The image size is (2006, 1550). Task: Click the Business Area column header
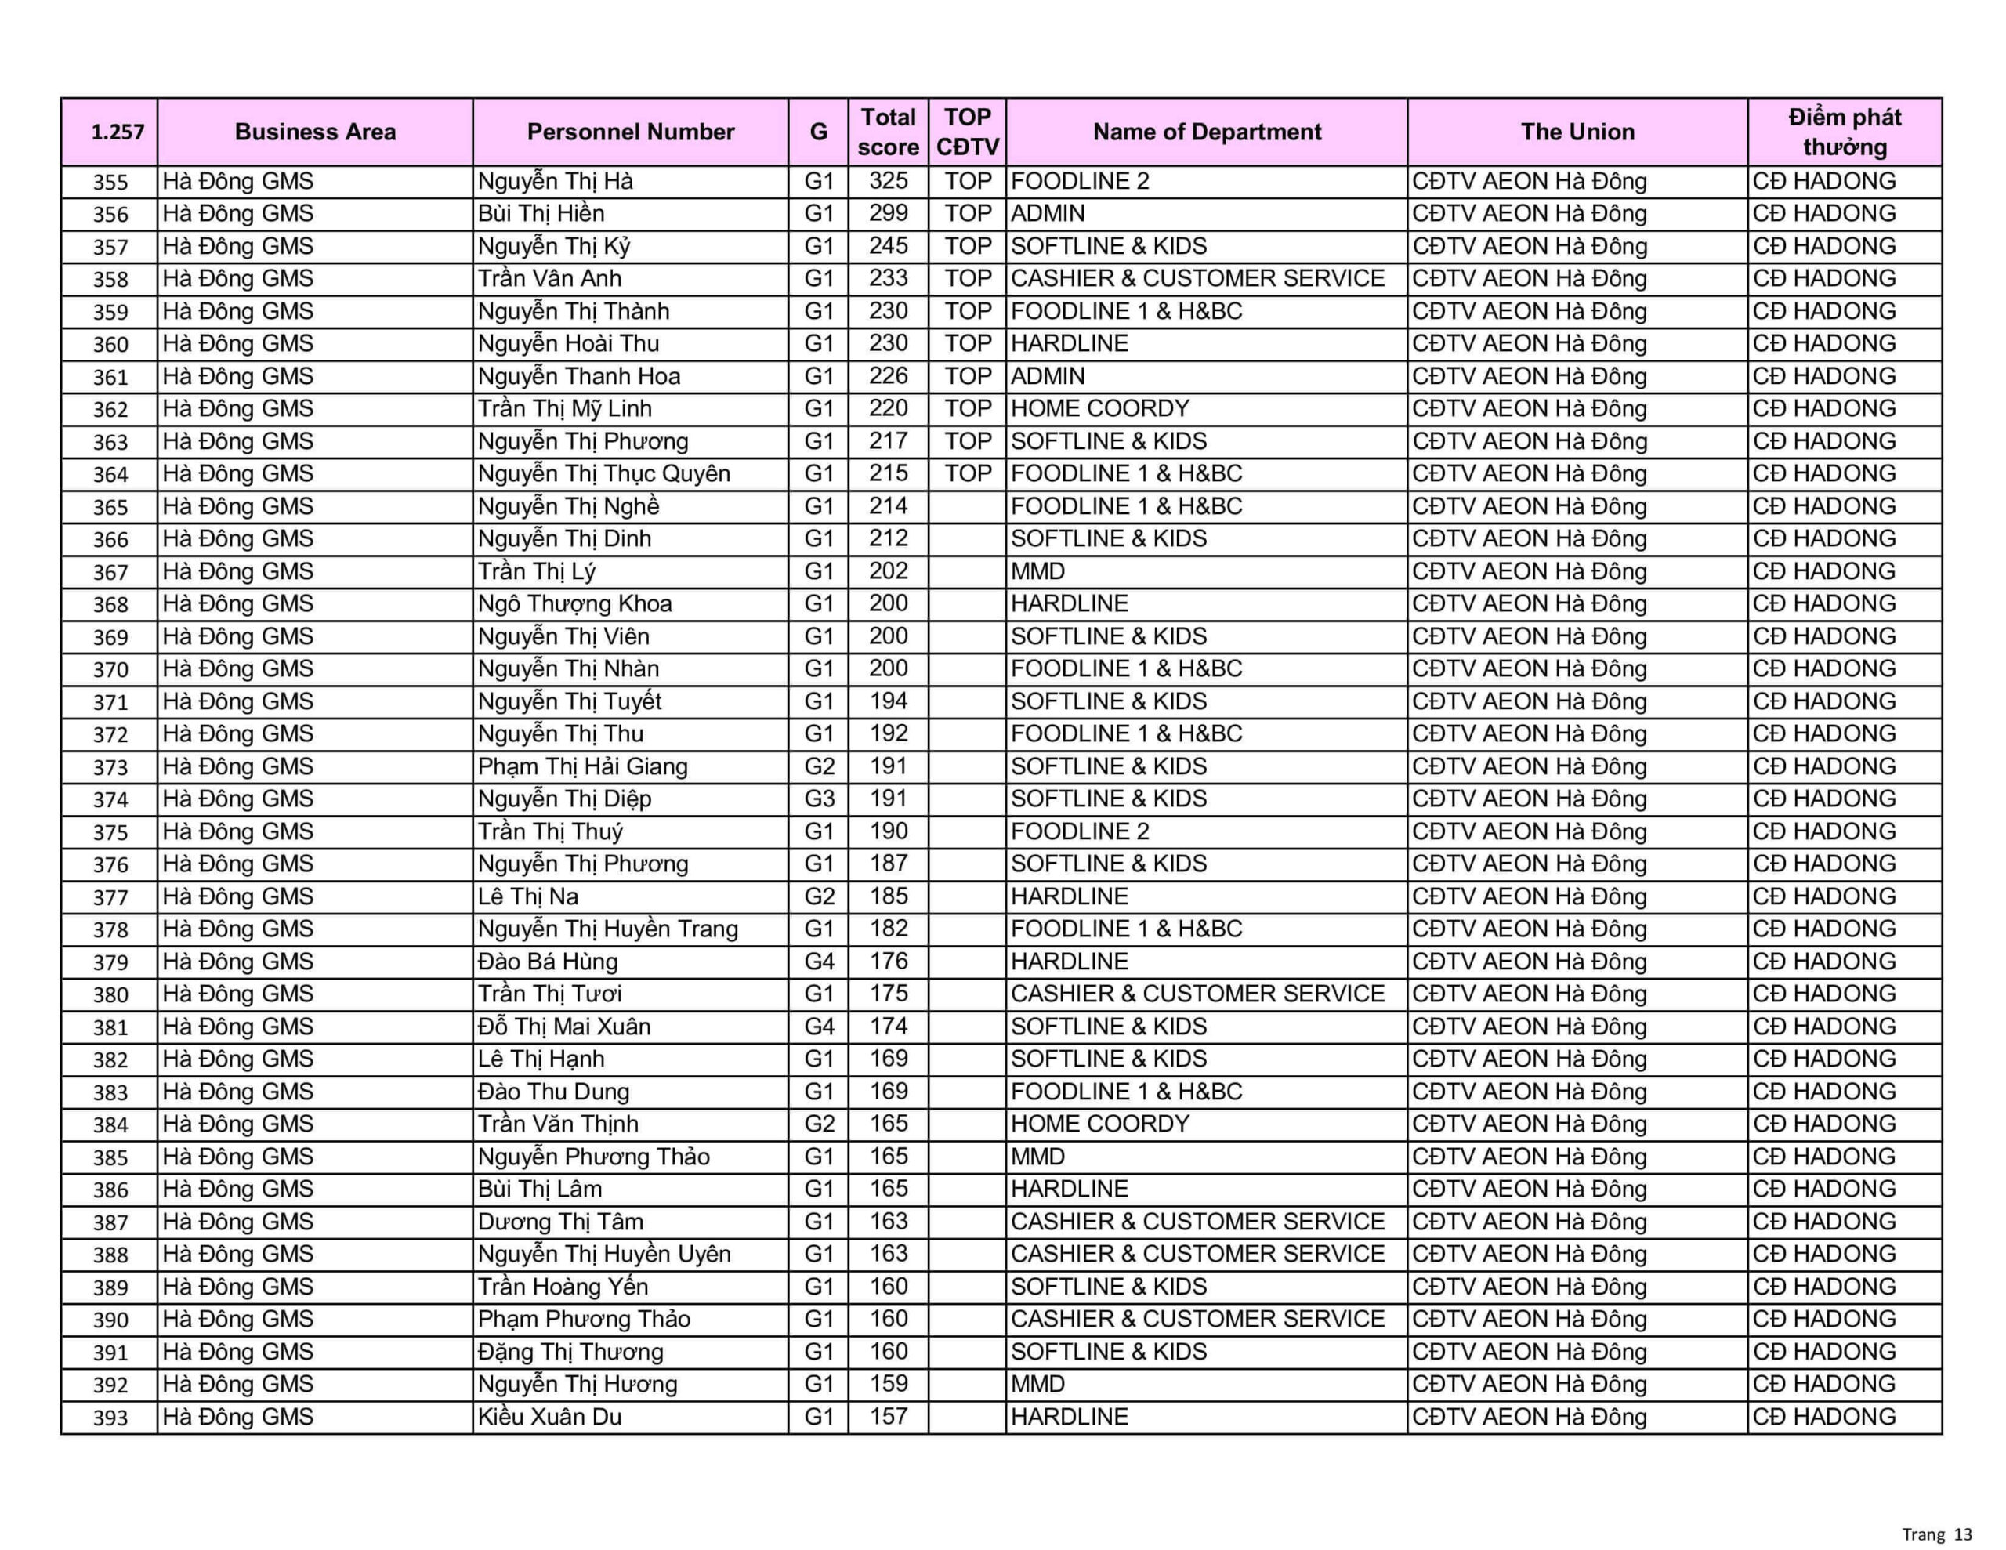click(x=315, y=132)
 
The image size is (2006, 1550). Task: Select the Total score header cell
click(x=887, y=132)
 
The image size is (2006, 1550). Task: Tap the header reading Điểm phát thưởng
click(x=1844, y=132)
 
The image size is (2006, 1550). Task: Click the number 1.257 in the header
click(x=118, y=132)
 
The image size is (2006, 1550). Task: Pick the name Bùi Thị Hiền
click(x=541, y=214)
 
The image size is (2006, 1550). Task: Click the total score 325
click(x=887, y=181)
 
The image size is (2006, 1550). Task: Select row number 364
click(x=110, y=474)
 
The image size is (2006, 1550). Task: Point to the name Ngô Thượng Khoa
click(x=575, y=603)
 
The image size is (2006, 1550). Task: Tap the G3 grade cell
click(x=818, y=799)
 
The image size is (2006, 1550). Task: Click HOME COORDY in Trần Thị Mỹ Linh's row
click(x=1099, y=409)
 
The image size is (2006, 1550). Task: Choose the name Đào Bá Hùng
click(x=548, y=961)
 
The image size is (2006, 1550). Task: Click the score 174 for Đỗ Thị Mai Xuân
click(x=887, y=1027)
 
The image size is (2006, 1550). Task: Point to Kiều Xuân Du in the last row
click(x=549, y=1417)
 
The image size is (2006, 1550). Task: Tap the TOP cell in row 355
click(x=967, y=181)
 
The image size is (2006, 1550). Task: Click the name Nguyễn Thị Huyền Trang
click(x=607, y=929)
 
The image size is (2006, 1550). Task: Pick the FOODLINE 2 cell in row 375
click(x=1079, y=831)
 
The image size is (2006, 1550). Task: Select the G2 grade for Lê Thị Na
click(x=818, y=896)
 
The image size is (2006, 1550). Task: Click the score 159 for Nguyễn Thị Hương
click(x=887, y=1384)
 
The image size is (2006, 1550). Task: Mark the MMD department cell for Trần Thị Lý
click(x=1038, y=571)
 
